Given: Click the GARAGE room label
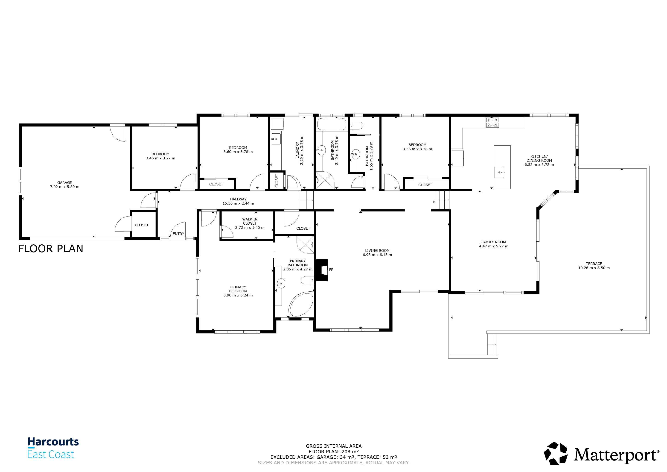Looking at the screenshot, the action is pos(64,182).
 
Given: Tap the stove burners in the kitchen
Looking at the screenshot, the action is pos(492,122).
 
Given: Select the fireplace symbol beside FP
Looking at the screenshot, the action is pos(322,270).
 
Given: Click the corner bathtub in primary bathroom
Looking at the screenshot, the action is pos(301,304).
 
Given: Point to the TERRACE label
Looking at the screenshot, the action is pos(594,264).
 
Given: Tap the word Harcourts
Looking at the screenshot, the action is pos(53,442).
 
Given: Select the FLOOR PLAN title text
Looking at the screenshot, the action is pos(51,249).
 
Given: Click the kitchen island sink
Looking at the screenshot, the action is pos(499,172).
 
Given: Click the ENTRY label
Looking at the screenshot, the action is pos(178,234).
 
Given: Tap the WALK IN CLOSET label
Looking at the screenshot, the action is pos(250,221).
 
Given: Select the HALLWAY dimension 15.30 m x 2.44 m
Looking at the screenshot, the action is pos(238,203).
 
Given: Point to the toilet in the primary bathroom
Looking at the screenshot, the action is pos(307,280).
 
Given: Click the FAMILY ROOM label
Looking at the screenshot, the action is pos(494,242).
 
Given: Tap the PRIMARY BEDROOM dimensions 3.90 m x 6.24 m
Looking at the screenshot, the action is pos(238,295).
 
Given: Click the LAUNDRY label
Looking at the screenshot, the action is pos(297,150).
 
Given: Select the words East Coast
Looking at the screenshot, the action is pos(51,454).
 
